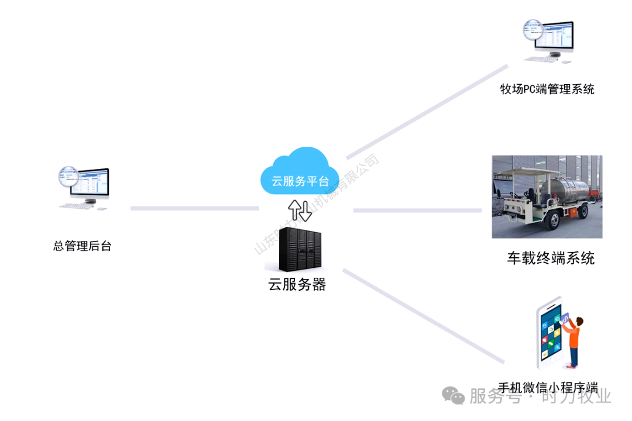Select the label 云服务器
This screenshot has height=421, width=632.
(297, 285)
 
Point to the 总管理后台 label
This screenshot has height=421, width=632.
(83, 246)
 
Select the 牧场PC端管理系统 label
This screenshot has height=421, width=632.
(547, 89)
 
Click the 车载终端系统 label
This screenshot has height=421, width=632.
(551, 258)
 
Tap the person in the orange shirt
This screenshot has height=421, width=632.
(574, 340)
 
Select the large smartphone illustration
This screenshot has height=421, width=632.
(550, 336)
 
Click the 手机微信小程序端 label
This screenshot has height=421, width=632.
(548, 388)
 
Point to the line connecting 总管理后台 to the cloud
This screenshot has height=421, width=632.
(194, 208)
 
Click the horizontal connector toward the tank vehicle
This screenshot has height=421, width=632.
(417, 210)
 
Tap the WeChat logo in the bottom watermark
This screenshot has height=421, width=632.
(454, 396)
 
